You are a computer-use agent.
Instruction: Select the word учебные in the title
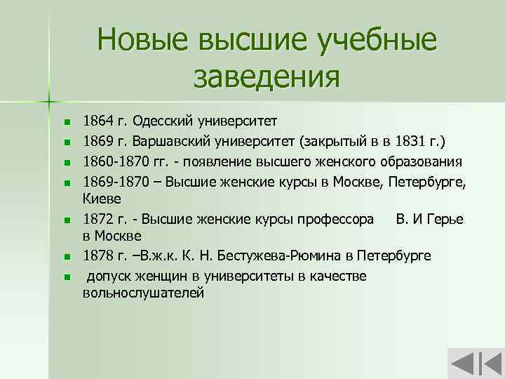[378, 40]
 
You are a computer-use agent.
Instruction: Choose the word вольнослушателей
[144, 293]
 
